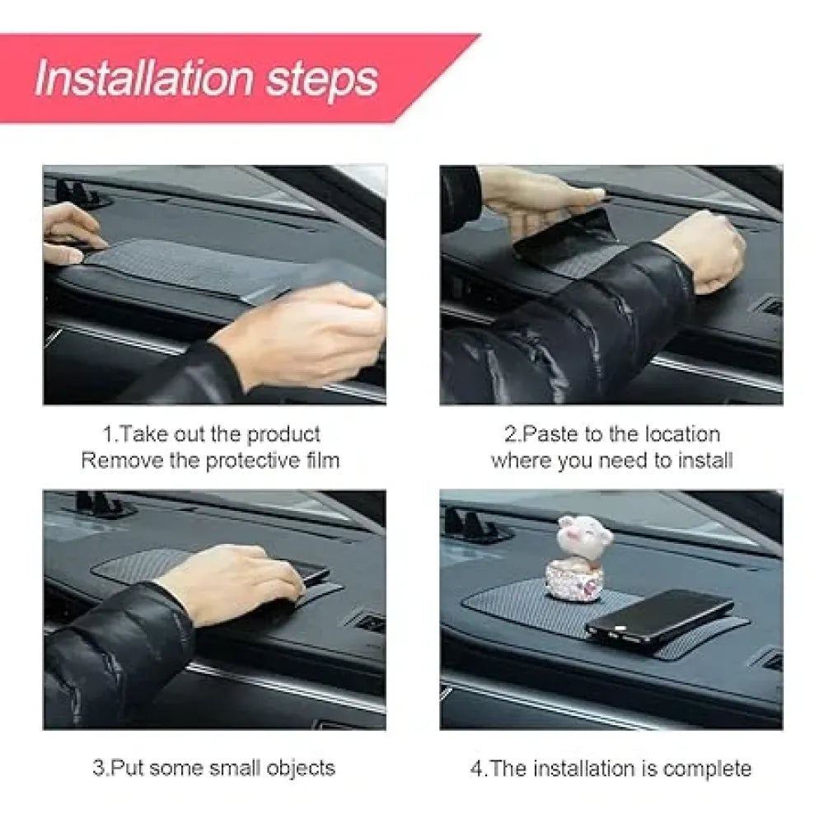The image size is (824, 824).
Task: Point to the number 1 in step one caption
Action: [106, 434]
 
